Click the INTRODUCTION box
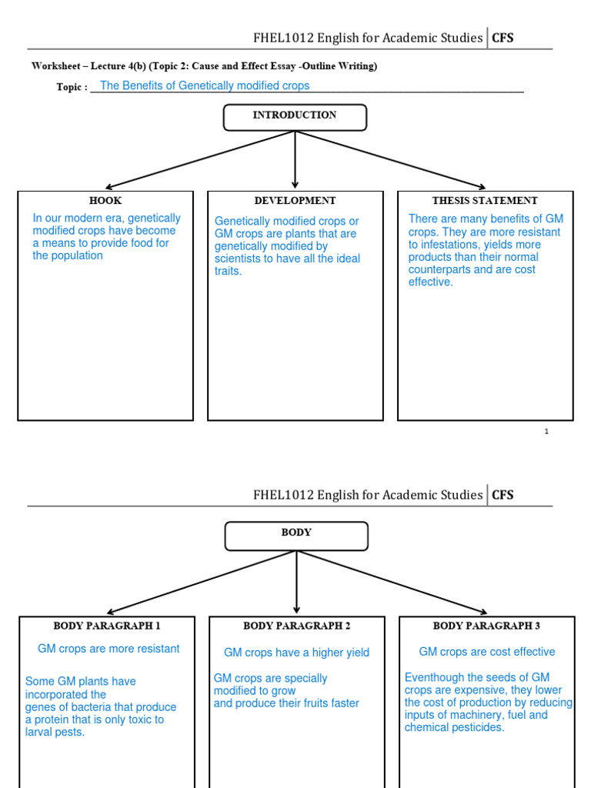tap(295, 116)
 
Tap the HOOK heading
tap(105, 201)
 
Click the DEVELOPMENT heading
tap(295, 201)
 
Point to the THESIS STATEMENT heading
tap(485, 201)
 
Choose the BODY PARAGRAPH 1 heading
tap(107, 626)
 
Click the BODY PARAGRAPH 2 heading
tap(296, 626)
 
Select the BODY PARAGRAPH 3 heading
tap(486, 626)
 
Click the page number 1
tap(546, 432)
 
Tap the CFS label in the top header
tap(503, 38)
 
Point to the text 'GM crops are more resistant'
tap(109, 649)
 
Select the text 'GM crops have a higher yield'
tap(296, 653)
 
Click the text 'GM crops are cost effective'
tap(486, 652)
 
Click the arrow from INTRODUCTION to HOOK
tap(200, 159)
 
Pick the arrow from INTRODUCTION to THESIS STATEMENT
tap(390, 159)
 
